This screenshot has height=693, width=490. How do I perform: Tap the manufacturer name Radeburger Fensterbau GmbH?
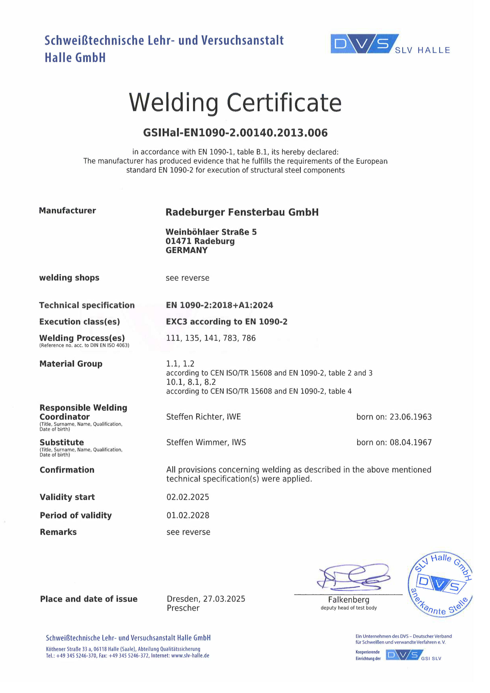coord(242,212)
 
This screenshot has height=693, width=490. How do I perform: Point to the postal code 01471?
coord(178,241)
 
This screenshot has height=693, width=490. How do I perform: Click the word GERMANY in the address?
coord(186,250)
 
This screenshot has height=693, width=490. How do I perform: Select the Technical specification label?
coord(87,305)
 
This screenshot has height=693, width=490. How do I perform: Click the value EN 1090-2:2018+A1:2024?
coord(219,305)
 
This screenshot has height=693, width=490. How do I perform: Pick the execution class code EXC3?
coord(176,322)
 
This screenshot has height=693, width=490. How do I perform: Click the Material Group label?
coord(71,364)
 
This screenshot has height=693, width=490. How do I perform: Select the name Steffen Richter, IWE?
coord(203,417)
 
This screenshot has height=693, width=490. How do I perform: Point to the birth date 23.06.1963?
coord(410,417)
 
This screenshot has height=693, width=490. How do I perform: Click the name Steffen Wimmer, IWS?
coord(206,443)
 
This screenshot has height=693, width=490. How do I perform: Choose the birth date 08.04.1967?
coord(410,443)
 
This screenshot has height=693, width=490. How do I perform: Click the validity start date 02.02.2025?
coord(188,497)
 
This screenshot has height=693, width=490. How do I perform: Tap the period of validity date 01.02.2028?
coord(188,515)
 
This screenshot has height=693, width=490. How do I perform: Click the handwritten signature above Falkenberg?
coord(353,577)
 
